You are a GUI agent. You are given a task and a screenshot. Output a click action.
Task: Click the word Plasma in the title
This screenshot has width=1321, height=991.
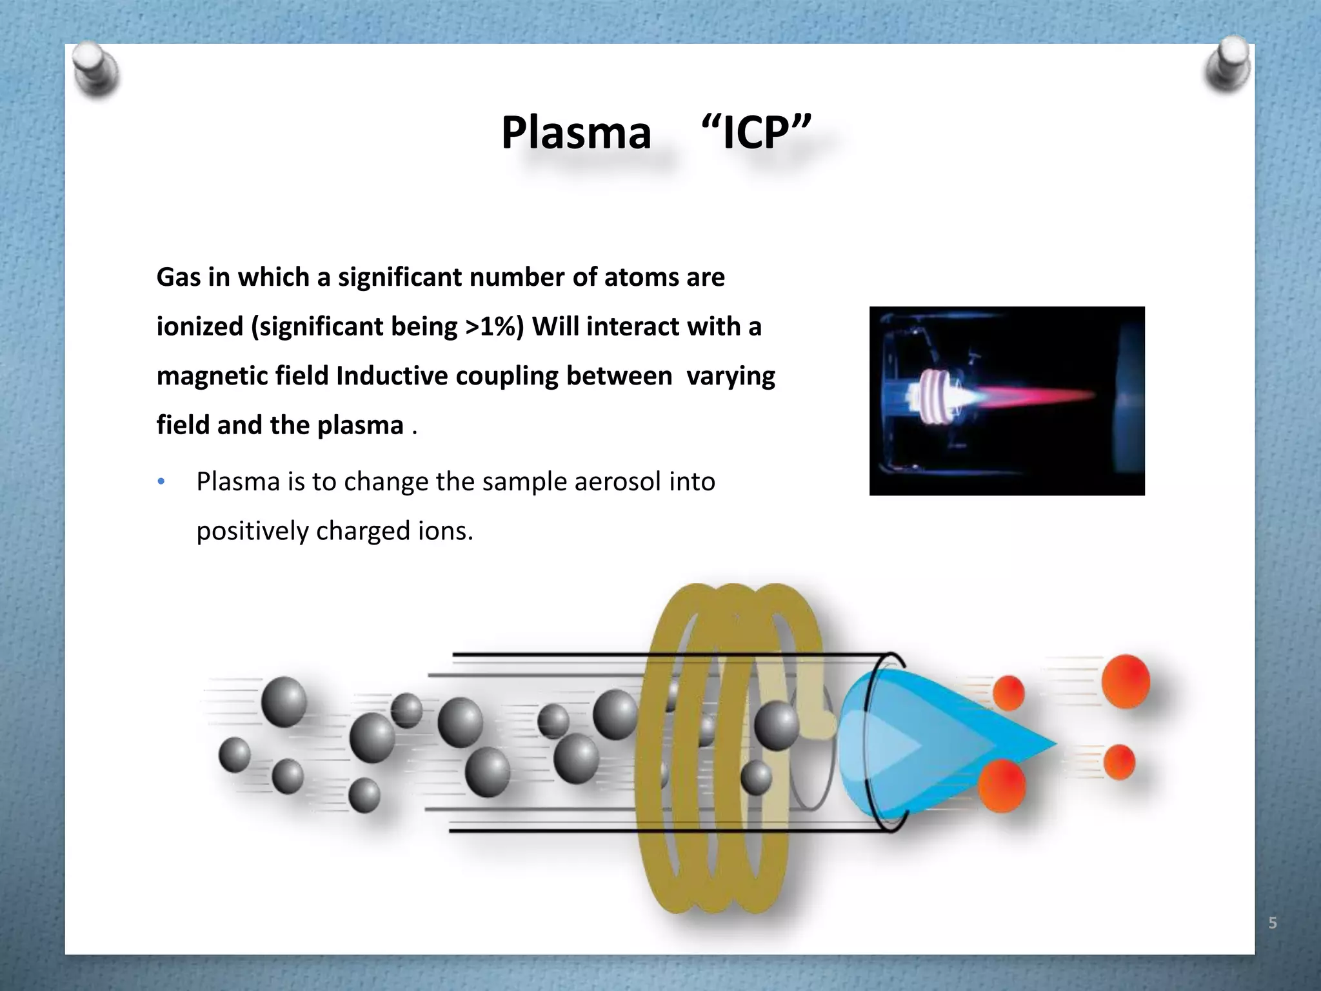click(576, 133)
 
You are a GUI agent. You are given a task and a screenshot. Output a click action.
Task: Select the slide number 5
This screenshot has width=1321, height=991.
click(1273, 923)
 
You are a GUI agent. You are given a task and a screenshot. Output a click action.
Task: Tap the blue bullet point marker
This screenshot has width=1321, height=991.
click(161, 482)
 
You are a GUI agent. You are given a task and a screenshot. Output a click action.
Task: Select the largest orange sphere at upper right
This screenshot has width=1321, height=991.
click(1126, 682)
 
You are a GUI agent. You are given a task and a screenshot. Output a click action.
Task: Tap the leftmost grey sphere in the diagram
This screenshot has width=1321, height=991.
click(235, 755)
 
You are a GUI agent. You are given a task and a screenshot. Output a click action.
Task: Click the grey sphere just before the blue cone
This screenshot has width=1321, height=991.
click(776, 726)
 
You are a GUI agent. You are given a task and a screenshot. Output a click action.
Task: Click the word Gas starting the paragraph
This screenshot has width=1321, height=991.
click(178, 277)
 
